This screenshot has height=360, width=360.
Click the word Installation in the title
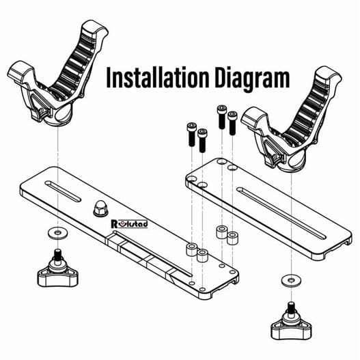pos(150,79)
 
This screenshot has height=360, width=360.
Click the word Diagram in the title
pos(243,79)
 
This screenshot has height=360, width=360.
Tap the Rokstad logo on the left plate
pos(130,223)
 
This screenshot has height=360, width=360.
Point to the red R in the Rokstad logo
pos(115,223)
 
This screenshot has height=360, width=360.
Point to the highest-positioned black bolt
pos(221,117)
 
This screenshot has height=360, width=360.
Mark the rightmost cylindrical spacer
pos(232,239)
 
